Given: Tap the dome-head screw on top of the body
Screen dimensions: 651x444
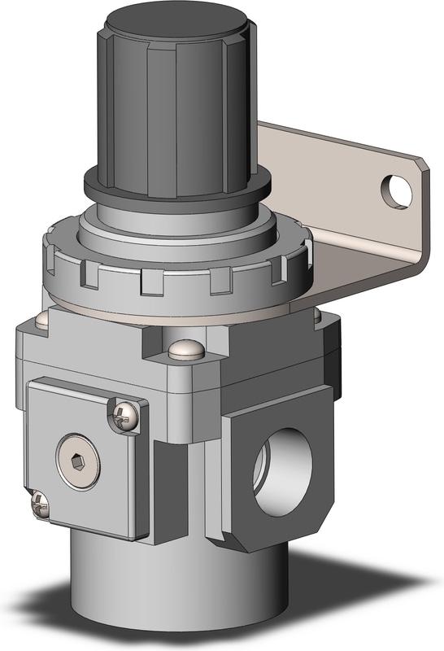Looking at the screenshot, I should (185, 351).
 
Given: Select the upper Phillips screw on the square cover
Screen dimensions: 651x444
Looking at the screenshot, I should (124, 415).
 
